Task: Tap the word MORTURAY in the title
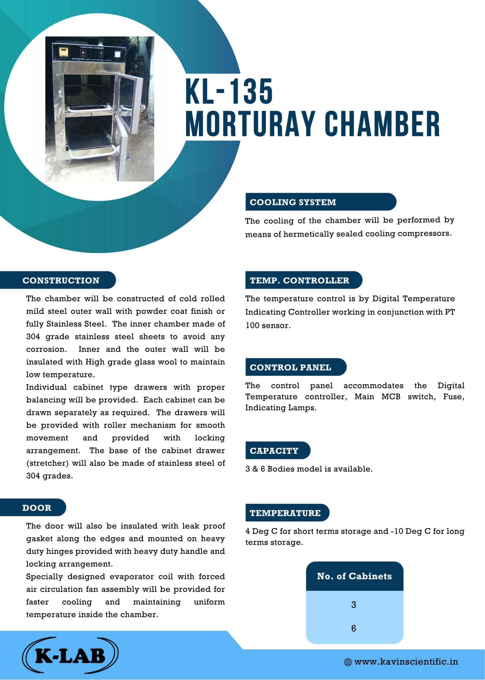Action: click(x=250, y=123)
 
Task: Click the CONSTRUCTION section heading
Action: click(x=61, y=280)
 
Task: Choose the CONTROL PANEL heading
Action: click(x=291, y=367)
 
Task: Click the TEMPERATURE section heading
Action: click(x=285, y=513)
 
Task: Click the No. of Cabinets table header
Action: click(x=355, y=576)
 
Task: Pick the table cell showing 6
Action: click(x=354, y=628)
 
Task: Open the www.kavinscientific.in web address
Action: click(x=406, y=662)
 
